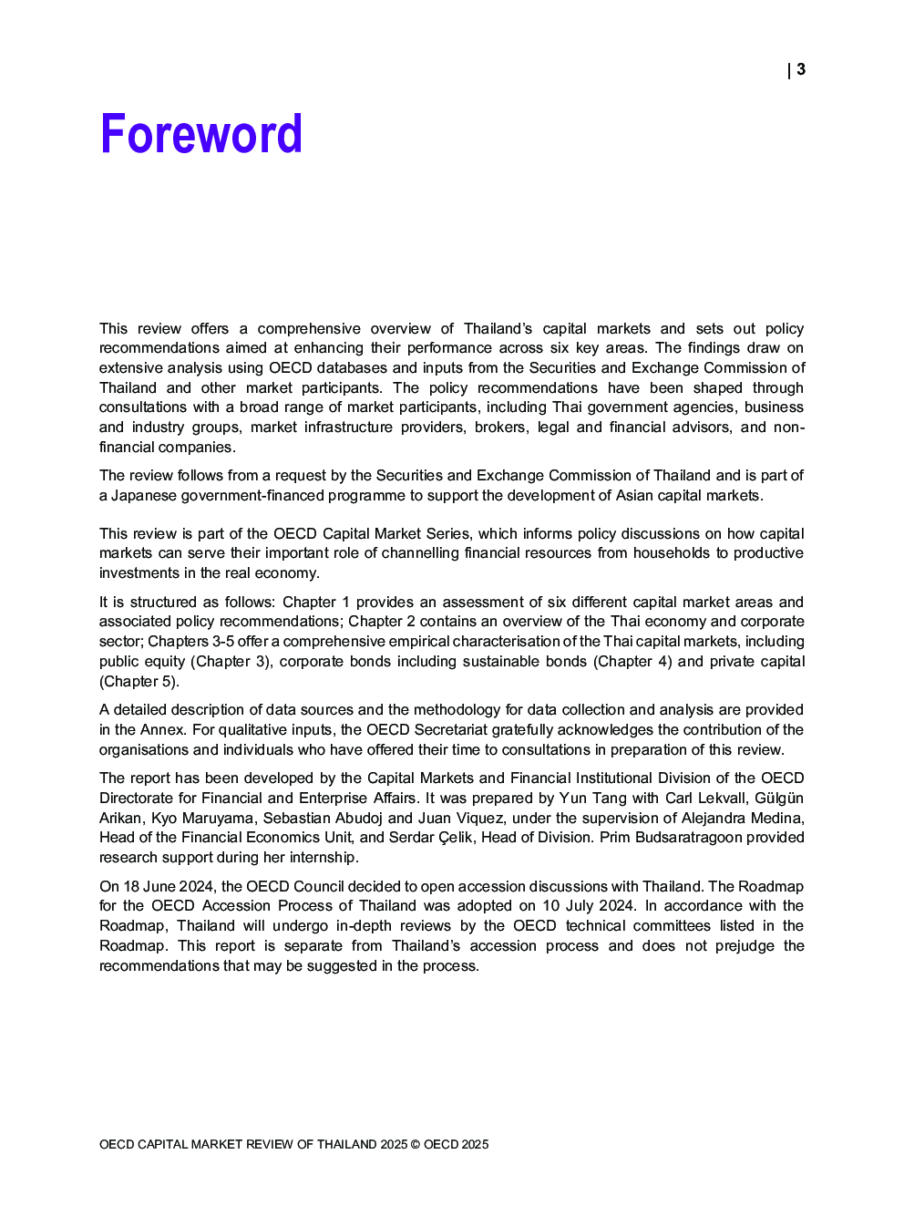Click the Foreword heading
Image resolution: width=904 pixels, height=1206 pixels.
pyautogui.click(x=200, y=134)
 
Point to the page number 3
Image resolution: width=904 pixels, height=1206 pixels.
pyautogui.click(x=801, y=69)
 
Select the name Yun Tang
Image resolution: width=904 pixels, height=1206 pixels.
pyautogui.click(x=592, y=798)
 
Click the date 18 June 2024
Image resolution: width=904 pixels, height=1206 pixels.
pyautogui.click(x=169, y=886)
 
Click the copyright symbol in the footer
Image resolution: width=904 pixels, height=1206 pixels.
pyautogui.click(x=416, y=1144)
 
